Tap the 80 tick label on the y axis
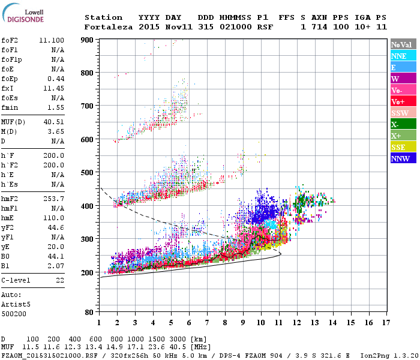pyautogui.click(x=88, y=312)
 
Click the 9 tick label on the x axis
pyautogui.click(x=243, y=322)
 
